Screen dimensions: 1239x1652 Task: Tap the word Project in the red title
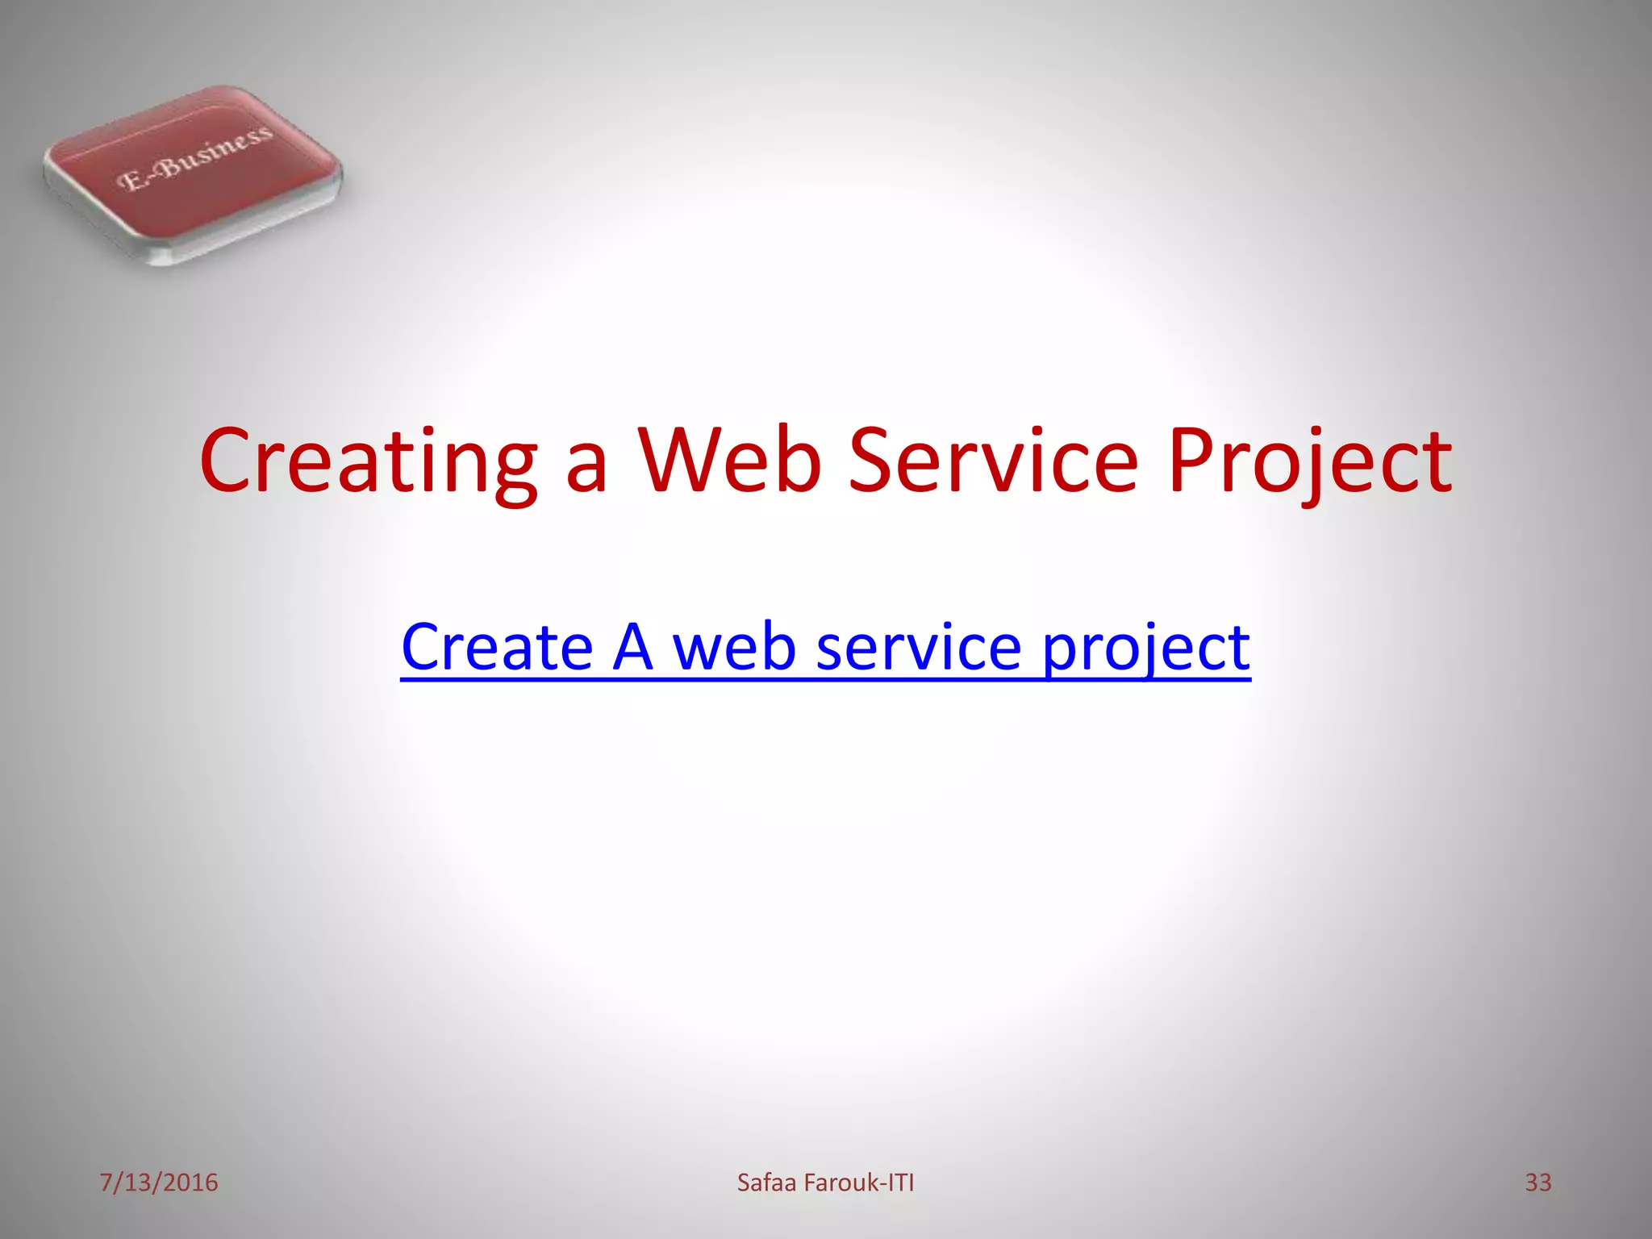coord(1309,461)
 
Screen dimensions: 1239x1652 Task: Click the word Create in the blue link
coord(497,647)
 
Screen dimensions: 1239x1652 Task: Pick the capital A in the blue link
coord(632,647)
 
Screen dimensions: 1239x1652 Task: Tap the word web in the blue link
coord(735,647)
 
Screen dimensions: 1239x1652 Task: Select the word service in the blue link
coord(919,647)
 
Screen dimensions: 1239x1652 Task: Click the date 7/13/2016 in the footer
coord(159,1183)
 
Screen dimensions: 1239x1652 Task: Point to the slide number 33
coord(1537,1183)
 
